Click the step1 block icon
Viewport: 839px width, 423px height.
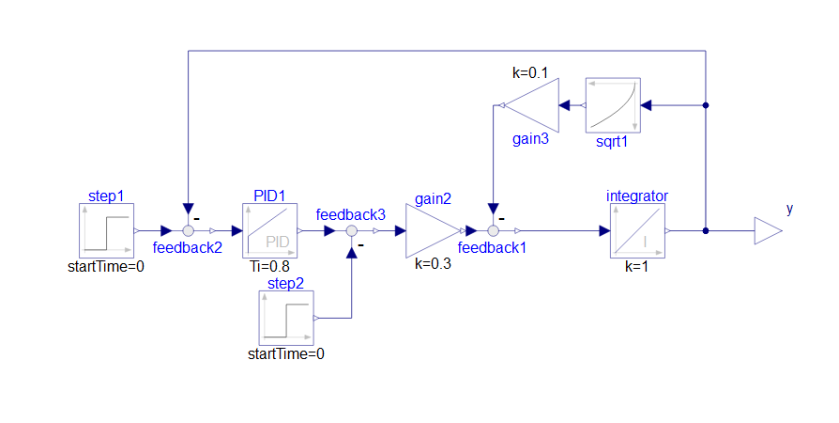106,230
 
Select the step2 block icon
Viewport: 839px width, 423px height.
286,318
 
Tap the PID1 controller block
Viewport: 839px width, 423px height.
269,230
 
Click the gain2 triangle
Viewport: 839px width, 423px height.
433,230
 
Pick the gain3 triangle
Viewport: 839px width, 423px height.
531,105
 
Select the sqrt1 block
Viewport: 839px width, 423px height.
613,105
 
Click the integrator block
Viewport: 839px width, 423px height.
638,230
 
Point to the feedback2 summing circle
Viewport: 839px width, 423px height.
189,231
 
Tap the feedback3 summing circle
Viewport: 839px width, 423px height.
352,231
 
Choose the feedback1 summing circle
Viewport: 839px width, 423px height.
494,231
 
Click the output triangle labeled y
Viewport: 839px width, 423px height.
769,231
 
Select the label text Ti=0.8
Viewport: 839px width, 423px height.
269,266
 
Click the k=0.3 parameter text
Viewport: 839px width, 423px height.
433,264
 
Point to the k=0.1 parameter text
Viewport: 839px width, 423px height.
530,73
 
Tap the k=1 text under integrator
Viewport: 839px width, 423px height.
636,266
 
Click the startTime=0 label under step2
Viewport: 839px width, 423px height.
286,353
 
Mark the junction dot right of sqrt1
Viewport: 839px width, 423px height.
706,105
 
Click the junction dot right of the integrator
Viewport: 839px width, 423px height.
706,231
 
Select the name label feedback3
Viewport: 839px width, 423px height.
350,215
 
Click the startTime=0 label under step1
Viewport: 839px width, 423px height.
106,266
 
